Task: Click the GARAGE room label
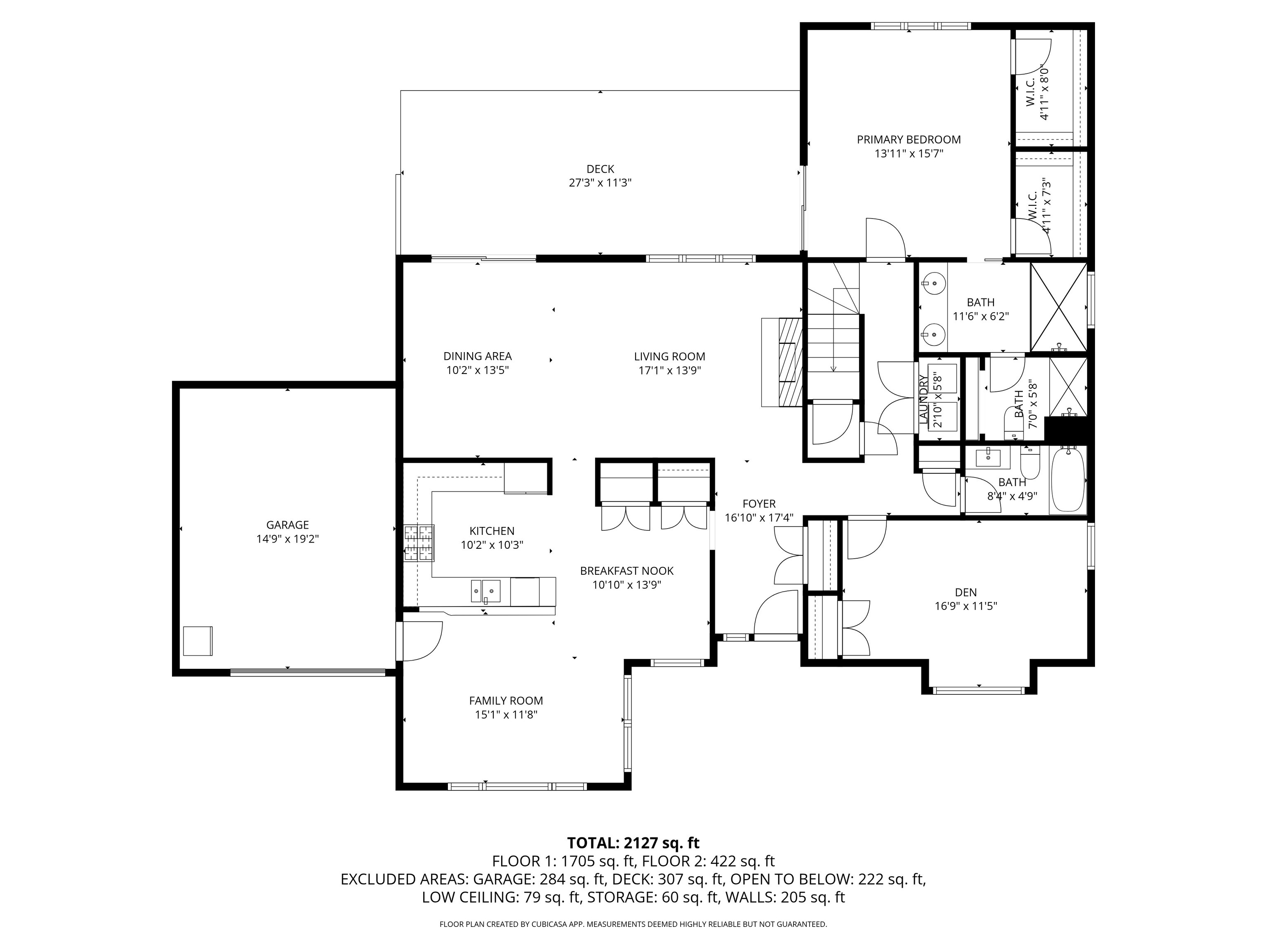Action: click(287, 524)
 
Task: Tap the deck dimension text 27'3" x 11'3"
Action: click(600, 183)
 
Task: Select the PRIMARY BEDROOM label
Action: click(909, 139)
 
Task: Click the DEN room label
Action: click(966, 592)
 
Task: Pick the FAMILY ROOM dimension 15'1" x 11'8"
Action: click(506, 715)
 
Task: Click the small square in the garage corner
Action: click(198, 641)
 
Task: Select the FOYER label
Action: click(759, 504)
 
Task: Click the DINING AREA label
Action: click(478, 356)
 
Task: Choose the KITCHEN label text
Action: click(492, 531)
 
